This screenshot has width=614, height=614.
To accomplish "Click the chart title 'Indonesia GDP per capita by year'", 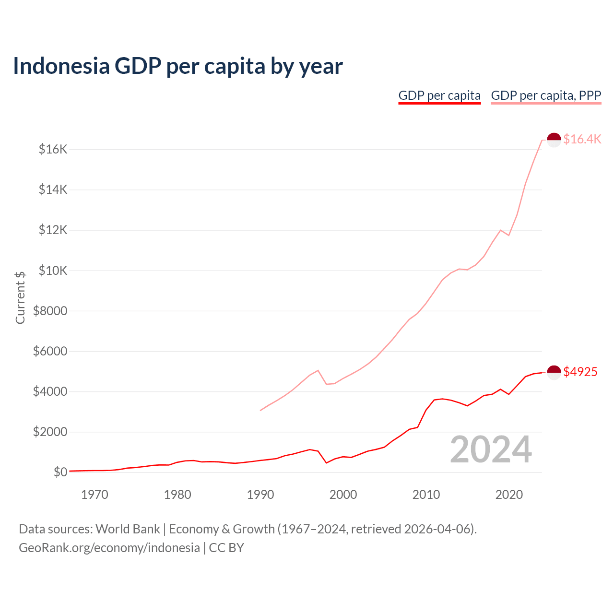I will point(177,66).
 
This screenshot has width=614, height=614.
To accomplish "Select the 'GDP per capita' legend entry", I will point(439,95).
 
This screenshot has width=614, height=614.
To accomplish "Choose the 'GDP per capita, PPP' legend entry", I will point(546,95).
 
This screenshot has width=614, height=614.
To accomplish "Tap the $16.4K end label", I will point(582,139).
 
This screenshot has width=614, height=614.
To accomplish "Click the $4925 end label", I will point(580,372).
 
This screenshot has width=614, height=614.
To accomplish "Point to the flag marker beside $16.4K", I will point(554,140).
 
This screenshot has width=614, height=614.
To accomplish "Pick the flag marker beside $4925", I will point(554,373).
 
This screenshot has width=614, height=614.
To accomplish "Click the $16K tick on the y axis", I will point(53,149).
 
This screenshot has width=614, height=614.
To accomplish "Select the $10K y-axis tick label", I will point(53,271).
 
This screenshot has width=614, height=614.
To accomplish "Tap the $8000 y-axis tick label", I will point(50,311).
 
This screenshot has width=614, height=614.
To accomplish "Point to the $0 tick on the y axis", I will point(60,472).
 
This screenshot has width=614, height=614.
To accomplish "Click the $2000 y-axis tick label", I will point(50,432).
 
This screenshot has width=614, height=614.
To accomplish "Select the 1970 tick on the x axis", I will point(94,495).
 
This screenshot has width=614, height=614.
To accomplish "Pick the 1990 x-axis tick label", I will point(260,495).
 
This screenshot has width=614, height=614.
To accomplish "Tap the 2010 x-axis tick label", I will point(426,495).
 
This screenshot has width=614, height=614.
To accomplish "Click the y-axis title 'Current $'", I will point(20,297).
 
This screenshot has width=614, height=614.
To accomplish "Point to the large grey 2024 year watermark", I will point(490,449).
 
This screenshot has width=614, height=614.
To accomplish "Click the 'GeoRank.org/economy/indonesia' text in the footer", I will point(109,547).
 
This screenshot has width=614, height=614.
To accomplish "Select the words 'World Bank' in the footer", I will point(128,529).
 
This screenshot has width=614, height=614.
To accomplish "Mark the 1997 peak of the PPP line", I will point(318,370).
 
